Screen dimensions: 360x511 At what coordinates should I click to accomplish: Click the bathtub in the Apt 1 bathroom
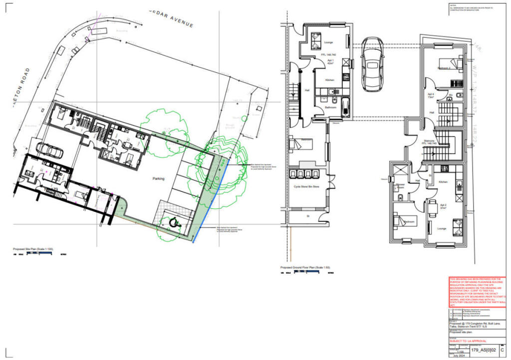tap(347, 105)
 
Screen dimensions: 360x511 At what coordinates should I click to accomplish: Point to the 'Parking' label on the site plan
tap(159, 178)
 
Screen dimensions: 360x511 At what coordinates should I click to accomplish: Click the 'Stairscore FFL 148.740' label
tap(430, 142)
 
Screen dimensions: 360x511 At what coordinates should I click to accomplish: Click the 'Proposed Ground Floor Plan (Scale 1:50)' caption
tap(305, 268)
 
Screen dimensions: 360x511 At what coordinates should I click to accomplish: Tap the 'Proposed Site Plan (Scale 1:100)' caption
tap(33, 248)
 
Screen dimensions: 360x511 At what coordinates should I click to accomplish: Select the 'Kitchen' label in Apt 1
tap(330, 80)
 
